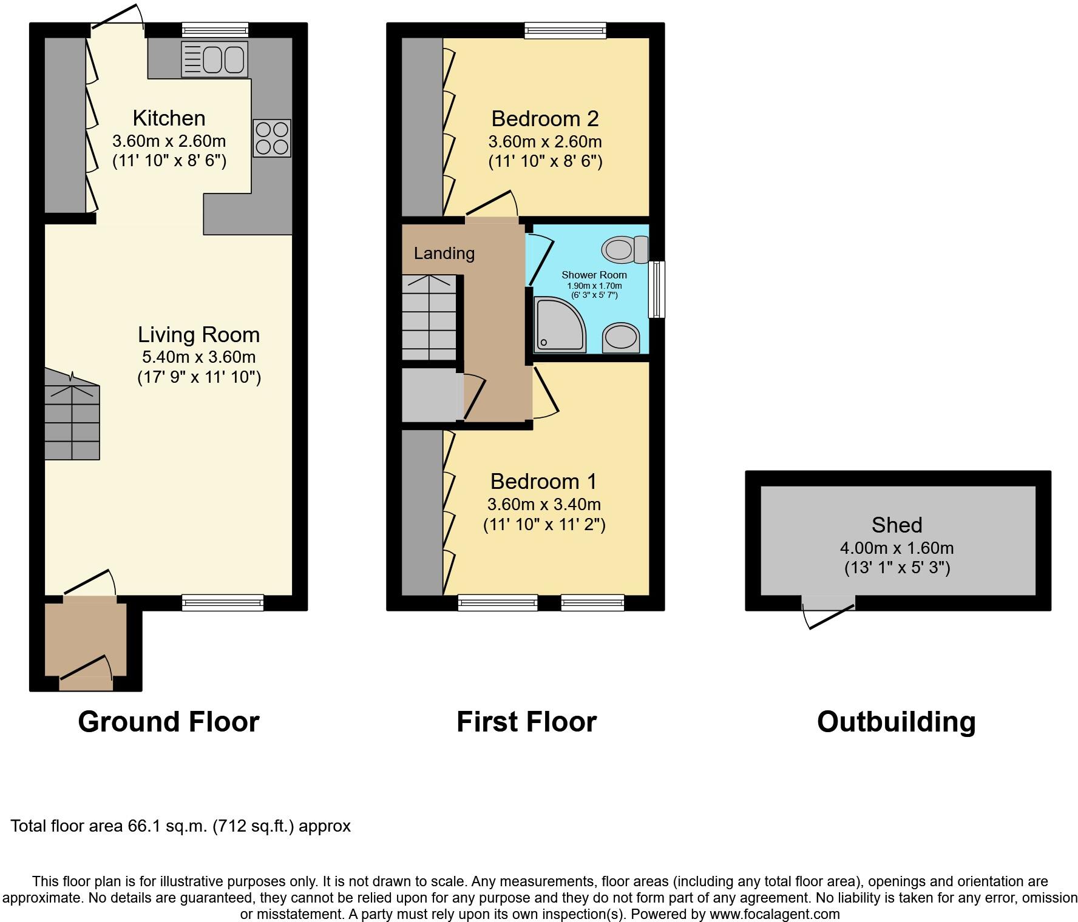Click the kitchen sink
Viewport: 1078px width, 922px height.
(214, 59)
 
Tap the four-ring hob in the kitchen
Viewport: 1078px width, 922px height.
(272, 138)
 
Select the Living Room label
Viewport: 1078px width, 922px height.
(198, 335)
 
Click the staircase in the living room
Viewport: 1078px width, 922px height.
(72, 422)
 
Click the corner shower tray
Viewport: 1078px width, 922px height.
(558, 325)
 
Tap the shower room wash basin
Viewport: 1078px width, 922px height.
(620, 337)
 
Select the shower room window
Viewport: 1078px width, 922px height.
(657, 289)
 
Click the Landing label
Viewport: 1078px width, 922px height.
(444, 254)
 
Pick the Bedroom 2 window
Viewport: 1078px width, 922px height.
(565, 30)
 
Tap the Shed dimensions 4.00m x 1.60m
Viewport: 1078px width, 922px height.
(897, 548)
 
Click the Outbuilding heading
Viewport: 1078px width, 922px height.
(896, 722)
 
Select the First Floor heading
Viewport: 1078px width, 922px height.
(526, 722)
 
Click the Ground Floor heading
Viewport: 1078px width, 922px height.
(169, 722)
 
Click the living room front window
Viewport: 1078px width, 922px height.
(223, 602)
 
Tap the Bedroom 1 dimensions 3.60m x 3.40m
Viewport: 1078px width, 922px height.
(544, 505)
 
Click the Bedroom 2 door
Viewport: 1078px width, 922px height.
(491, 206)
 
